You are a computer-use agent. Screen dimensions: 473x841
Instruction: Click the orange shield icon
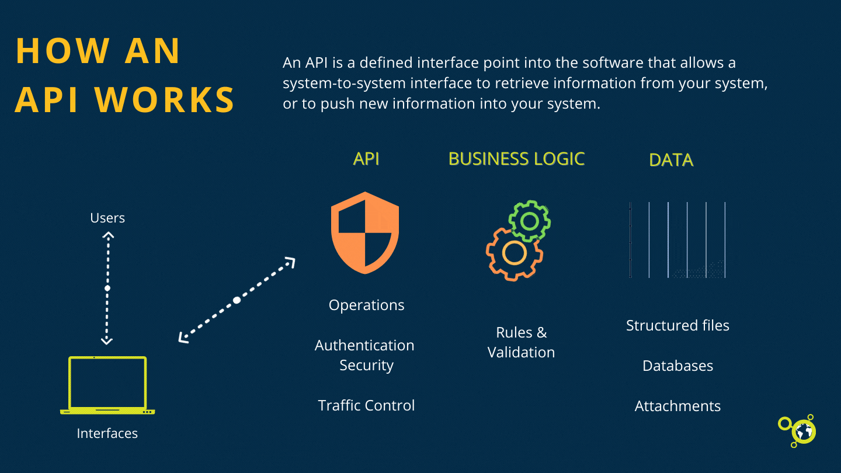tap(365, 232)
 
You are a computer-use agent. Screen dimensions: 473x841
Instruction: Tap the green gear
tap(530, 221)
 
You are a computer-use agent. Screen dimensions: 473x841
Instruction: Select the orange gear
tap(514, 253)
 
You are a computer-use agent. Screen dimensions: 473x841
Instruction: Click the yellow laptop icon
tap(107, 385)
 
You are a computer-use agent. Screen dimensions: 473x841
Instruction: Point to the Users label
tap(107, 218)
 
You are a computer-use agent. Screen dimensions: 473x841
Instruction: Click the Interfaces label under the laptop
tap(107, 433)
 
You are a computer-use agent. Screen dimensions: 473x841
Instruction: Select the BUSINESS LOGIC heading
tap(516, 159)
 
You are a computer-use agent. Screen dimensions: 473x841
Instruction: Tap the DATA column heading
tap(671, 160)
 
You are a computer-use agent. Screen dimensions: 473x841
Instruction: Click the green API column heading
tap(366, 159)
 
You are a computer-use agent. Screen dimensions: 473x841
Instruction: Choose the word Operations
tap(366, 305)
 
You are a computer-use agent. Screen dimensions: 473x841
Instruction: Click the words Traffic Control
tap(366, 405)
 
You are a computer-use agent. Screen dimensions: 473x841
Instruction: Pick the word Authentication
tap(364, 345)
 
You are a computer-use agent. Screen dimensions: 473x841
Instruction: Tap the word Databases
tap(677, 366)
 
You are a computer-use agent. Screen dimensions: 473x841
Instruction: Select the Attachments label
tap(677, 406)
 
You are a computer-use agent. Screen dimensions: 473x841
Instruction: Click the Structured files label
tap(677, 325)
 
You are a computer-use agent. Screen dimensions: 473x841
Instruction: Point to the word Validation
tap(521, 352)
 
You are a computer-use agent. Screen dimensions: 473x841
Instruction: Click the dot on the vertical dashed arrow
tap(107, 288)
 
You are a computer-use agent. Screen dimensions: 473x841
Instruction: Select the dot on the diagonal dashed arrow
tap(237, 300)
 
